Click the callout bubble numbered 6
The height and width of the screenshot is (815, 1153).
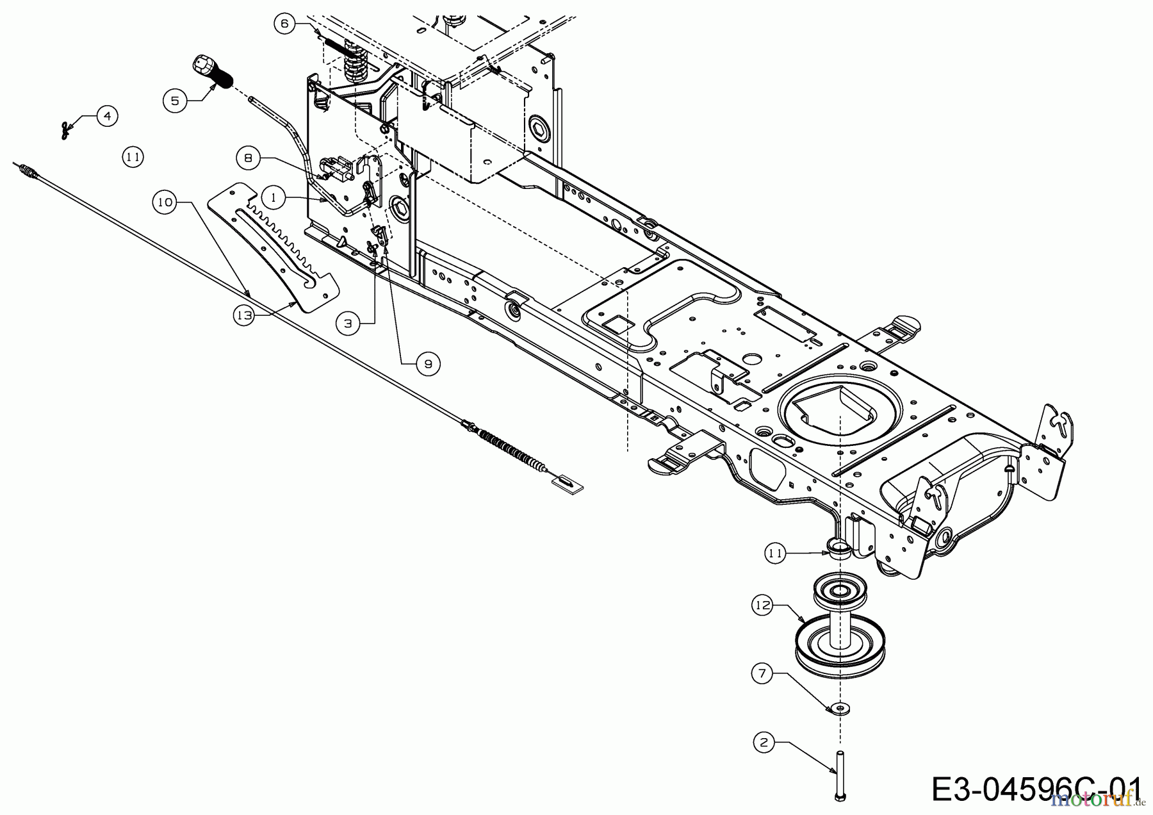click(284, 24)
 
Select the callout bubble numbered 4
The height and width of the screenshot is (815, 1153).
click(107, 116)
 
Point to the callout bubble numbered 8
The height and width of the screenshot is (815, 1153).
click(248, 158)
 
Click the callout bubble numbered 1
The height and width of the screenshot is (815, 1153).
click(274, 197)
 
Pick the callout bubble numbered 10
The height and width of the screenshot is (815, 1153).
click(165, 202)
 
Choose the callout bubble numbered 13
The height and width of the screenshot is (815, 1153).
click(244, 316)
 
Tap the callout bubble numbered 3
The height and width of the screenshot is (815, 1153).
click(348, 324)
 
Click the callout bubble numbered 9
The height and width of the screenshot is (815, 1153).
click(428, 364)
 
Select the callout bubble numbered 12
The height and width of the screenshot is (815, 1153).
click(763, 605)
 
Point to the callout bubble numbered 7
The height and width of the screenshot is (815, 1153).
click(762, 673)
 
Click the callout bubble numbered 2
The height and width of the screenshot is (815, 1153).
click(763, 743)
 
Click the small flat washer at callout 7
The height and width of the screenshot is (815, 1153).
click(837, 708)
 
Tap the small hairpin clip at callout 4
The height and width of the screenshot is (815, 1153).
click(66, 131)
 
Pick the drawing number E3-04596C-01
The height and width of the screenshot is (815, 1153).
click(1036, 790)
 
